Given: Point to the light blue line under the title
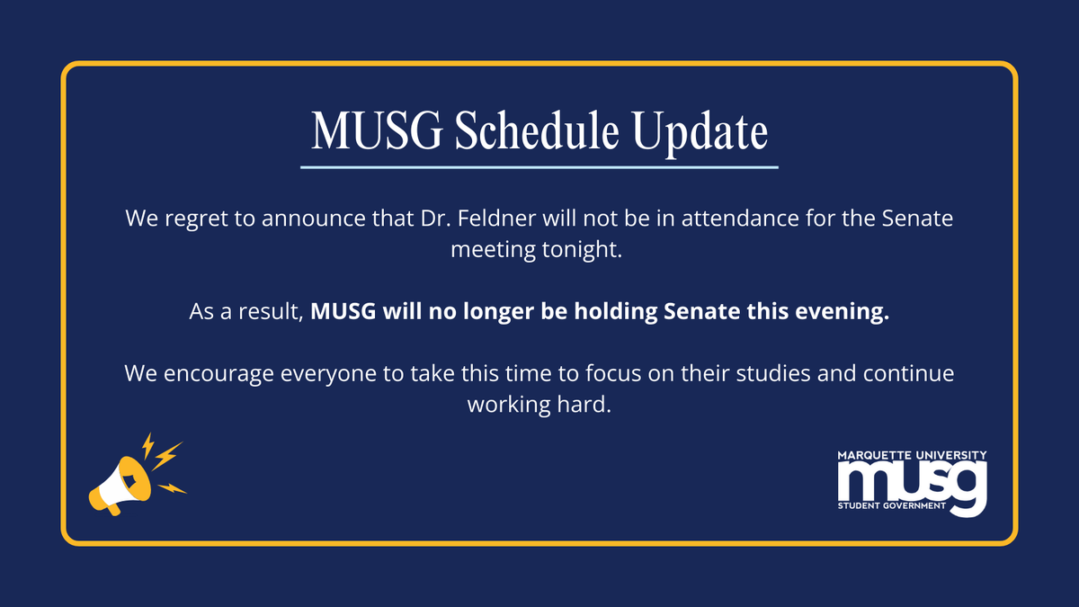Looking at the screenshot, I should click(x=539, y=166).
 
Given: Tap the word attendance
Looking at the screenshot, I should click(x=731, y=219).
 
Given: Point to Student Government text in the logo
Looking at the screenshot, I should click(x=891, y=506).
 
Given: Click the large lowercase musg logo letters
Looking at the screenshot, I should click(x=912, y=482).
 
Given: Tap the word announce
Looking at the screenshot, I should click(x=304, y=219).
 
